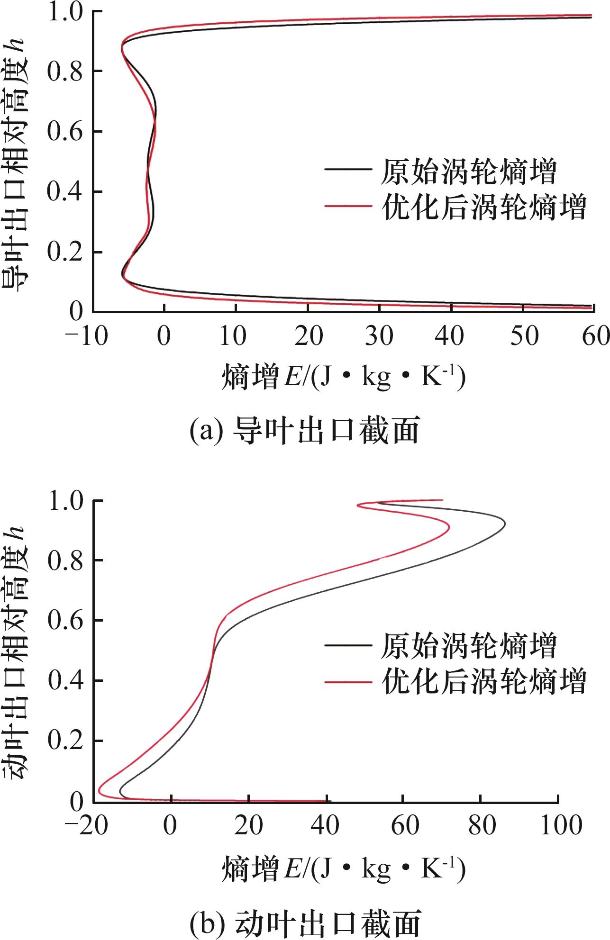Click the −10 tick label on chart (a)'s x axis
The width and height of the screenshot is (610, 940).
point(86,337)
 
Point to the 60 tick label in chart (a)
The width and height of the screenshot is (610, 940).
point(595,337)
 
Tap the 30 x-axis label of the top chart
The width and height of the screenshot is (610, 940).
point(380,337)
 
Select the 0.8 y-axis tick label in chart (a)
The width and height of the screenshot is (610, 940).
point(65,71)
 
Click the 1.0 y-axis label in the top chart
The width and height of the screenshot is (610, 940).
point(65,12)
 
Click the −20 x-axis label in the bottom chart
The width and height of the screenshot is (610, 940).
point(86,826)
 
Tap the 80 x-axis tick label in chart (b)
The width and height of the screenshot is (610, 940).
point(481,826)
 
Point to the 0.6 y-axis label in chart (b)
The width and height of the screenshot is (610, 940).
point(65,620)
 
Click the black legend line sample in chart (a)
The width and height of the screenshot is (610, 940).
point(347,170)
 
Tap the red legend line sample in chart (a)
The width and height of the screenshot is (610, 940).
point(347,206)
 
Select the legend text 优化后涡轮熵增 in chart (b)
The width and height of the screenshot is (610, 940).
point(484,682)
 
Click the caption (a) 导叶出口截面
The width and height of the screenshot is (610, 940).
point(305,431)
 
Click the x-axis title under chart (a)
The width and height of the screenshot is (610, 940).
point(343,377)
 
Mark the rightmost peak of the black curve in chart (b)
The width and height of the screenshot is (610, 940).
point(505,524)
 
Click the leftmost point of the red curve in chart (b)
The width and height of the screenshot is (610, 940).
point(99,791)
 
